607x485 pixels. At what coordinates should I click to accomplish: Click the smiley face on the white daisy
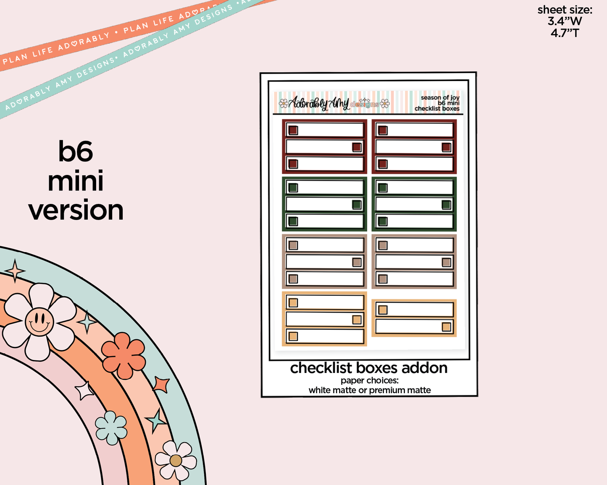39,322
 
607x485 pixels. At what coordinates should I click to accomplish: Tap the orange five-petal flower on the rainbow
124,355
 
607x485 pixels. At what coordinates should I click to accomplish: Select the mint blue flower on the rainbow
111,428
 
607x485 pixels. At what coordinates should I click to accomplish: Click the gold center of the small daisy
176,461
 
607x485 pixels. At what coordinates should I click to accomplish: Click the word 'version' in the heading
76,210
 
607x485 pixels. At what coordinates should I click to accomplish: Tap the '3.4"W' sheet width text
565,21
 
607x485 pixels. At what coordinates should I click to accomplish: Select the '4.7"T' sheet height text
565,33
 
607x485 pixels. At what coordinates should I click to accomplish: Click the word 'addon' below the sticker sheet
424,368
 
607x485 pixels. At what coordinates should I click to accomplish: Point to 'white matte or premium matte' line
370,390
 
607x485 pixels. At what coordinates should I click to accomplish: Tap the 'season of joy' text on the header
440,98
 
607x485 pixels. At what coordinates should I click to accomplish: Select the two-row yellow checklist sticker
414,318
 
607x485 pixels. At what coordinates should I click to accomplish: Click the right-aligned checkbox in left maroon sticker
357,147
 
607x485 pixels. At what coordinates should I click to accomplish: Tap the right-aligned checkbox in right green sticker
446,205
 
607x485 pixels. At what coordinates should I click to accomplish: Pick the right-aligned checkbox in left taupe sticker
357,262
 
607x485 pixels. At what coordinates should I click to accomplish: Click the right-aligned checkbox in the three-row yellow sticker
357,320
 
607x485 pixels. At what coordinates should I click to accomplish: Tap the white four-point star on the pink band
84,391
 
